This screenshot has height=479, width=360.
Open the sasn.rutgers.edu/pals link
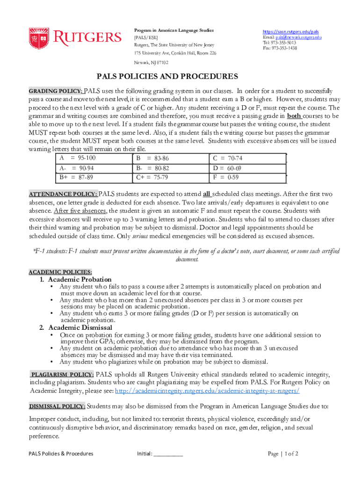(291, 31)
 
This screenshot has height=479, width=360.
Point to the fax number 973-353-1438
(284, 48)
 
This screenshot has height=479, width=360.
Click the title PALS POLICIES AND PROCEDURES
(167, 76)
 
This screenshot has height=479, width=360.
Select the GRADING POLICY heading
(56, 91)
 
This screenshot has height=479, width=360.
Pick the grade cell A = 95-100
(78, 158)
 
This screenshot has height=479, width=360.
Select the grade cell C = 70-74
(228, 158)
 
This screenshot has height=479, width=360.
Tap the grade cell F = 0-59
(226, 177)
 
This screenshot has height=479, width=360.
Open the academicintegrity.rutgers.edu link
(207, 391)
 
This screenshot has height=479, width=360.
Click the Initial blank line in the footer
(167, 453)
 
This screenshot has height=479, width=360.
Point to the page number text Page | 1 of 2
(283, 453)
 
